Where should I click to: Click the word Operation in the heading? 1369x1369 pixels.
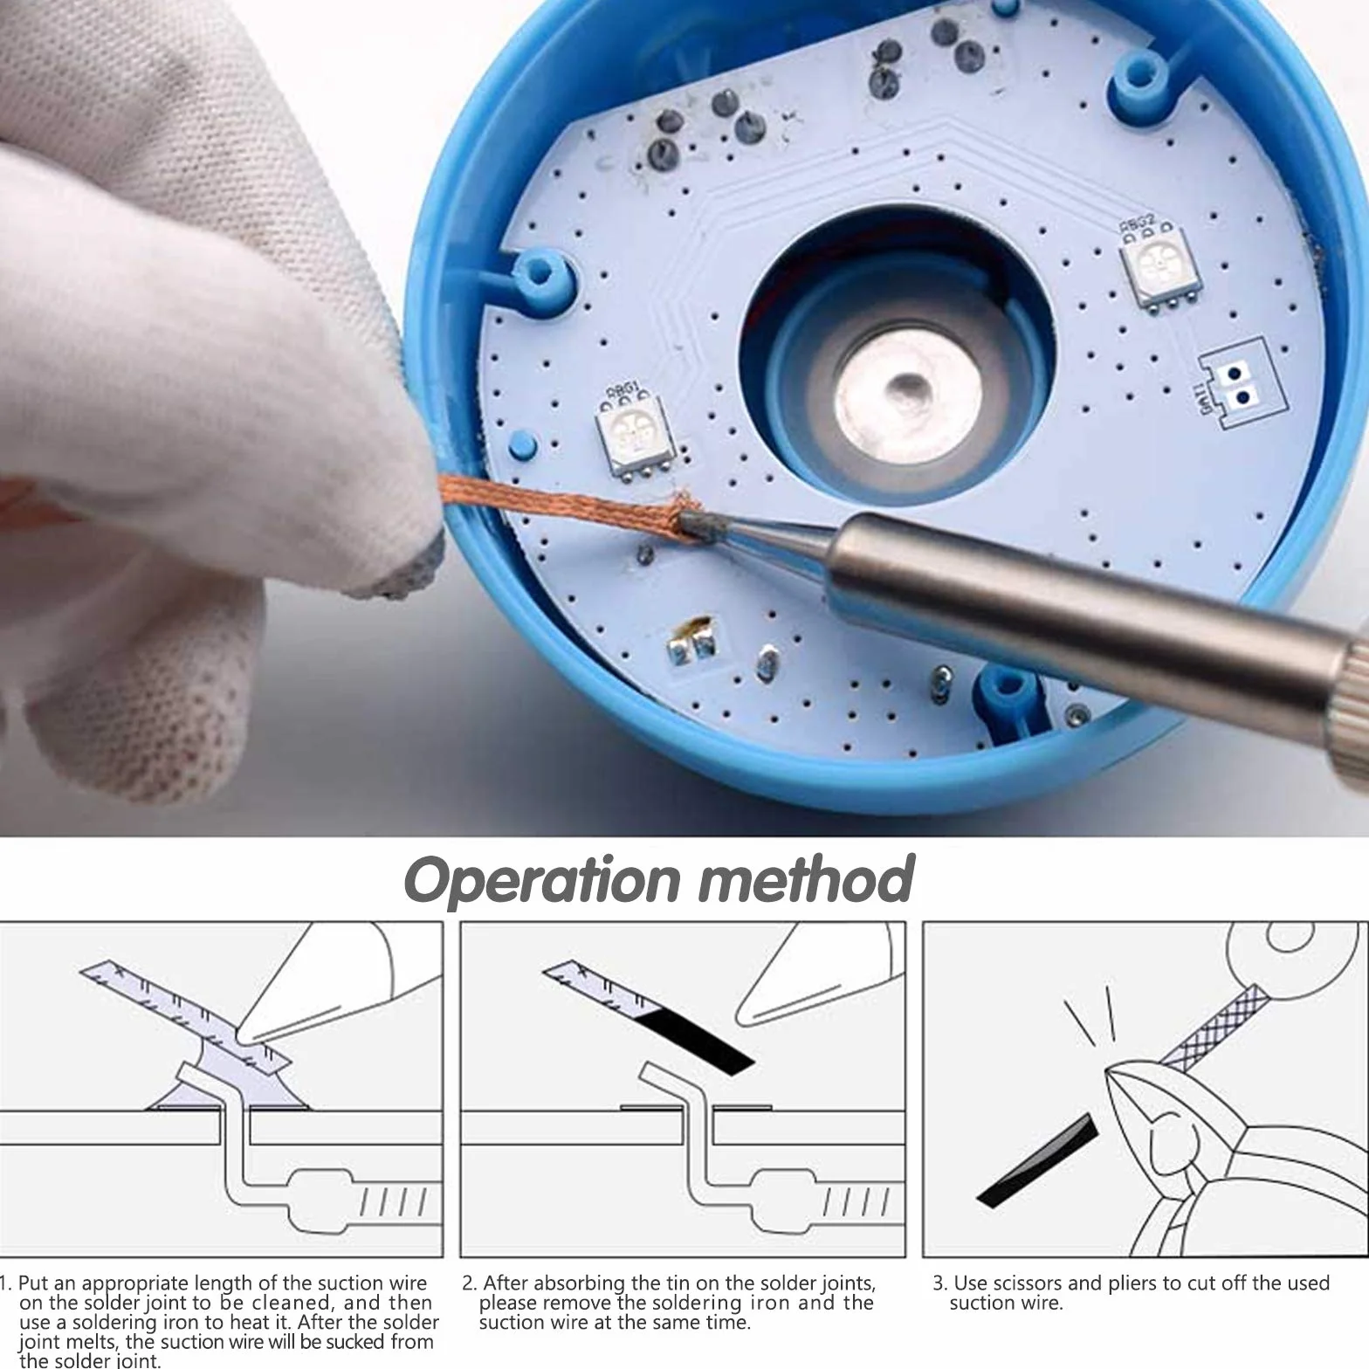[x=540, y=880]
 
